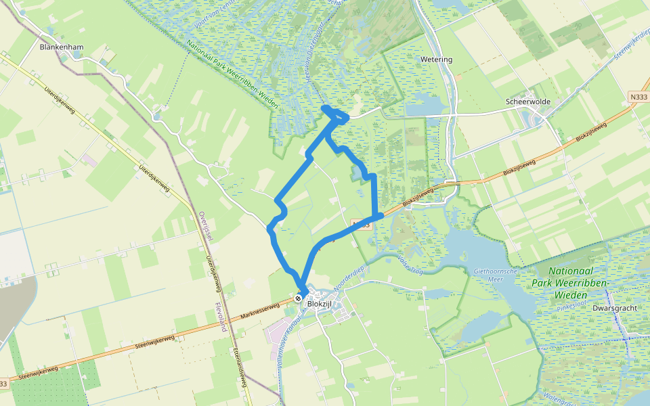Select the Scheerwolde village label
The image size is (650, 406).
[x=527, y=101]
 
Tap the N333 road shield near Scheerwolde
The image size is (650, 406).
[x=636, y=97]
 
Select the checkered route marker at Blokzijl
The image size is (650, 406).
[x=299, y=298]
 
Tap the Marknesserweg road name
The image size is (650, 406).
[x=259, y=313]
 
